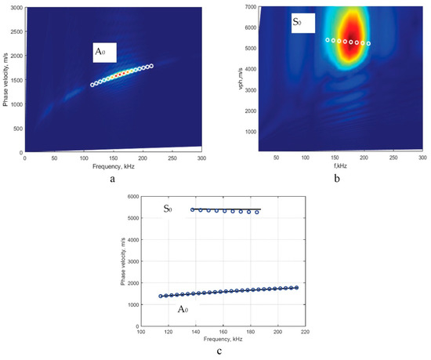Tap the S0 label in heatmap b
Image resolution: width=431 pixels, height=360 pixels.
click(x=297, y=23)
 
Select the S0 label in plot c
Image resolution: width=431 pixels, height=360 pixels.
click(x=168, y=209)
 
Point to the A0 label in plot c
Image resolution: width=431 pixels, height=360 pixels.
click(x=183, y=310)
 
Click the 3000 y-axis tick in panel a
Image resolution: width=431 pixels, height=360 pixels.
click(x=15, y=7)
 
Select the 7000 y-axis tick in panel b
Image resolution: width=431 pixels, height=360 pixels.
click(x=245, y=7)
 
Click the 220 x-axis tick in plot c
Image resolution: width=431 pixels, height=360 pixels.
click(x=306, y=332)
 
